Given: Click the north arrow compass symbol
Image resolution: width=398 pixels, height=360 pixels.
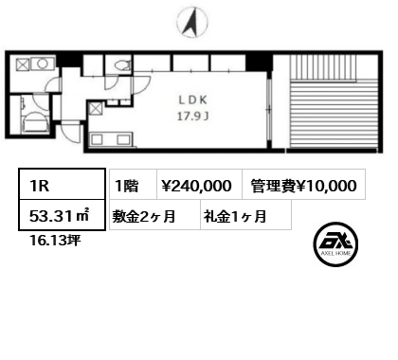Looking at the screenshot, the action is [x=192, y=22].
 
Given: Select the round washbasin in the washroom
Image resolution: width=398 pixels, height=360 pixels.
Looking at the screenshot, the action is [x=42, y=64].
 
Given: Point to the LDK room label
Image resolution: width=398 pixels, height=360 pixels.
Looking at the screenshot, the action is [x=192, y=100].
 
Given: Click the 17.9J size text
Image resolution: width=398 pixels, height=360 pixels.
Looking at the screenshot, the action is [x=193, y=117].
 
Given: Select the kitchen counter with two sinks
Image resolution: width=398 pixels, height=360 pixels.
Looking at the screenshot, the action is [x=111, y=139].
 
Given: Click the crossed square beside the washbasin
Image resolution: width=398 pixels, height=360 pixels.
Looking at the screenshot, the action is [x=23, y=64].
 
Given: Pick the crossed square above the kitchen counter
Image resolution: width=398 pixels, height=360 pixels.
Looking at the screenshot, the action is [x=96, y=109].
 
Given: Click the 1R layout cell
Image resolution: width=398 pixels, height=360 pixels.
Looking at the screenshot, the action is [x=62, y=184].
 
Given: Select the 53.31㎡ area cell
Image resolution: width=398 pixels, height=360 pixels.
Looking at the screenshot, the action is [x=62, y=215].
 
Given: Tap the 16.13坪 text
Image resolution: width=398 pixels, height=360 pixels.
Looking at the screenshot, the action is [x=55, y=241].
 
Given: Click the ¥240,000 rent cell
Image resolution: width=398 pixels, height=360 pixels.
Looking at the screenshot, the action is [x=199, y=185].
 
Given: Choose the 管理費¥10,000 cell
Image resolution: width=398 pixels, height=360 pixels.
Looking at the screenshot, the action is [x=304, y=185].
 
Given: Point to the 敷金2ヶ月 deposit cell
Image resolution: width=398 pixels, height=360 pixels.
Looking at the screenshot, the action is [x=154, y=215].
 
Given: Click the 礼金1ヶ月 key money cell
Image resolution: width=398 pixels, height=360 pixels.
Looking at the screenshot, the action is [x=245, y=215].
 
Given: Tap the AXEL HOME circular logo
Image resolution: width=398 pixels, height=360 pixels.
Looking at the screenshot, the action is [x=335, y=244].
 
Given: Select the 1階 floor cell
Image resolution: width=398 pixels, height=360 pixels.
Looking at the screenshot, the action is [x=133, y=185].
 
